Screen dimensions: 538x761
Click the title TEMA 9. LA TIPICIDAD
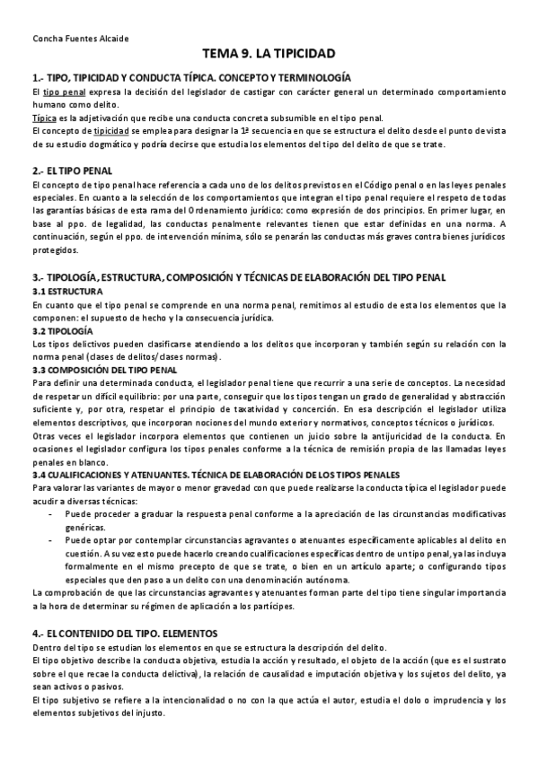[269, 56]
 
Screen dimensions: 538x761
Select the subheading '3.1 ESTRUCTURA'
[67, 293]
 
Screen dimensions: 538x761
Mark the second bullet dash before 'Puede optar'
[49, 539]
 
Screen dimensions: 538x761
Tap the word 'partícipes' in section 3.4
[270, 606]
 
